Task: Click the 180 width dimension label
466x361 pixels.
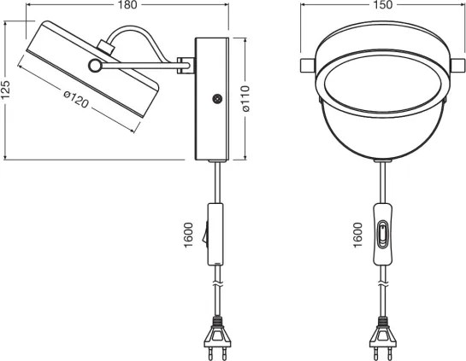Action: pos(127,5)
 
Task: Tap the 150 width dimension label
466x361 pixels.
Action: pos(383,5)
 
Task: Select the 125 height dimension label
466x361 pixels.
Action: pos(6,90)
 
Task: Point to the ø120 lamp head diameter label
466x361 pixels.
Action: pos(76,99)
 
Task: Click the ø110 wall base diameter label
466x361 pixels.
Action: pos(245,98)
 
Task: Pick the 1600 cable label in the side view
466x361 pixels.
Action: pos(188,235)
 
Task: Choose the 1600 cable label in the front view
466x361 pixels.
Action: pos(357,235)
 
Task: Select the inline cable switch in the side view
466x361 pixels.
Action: pos(215,234)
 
